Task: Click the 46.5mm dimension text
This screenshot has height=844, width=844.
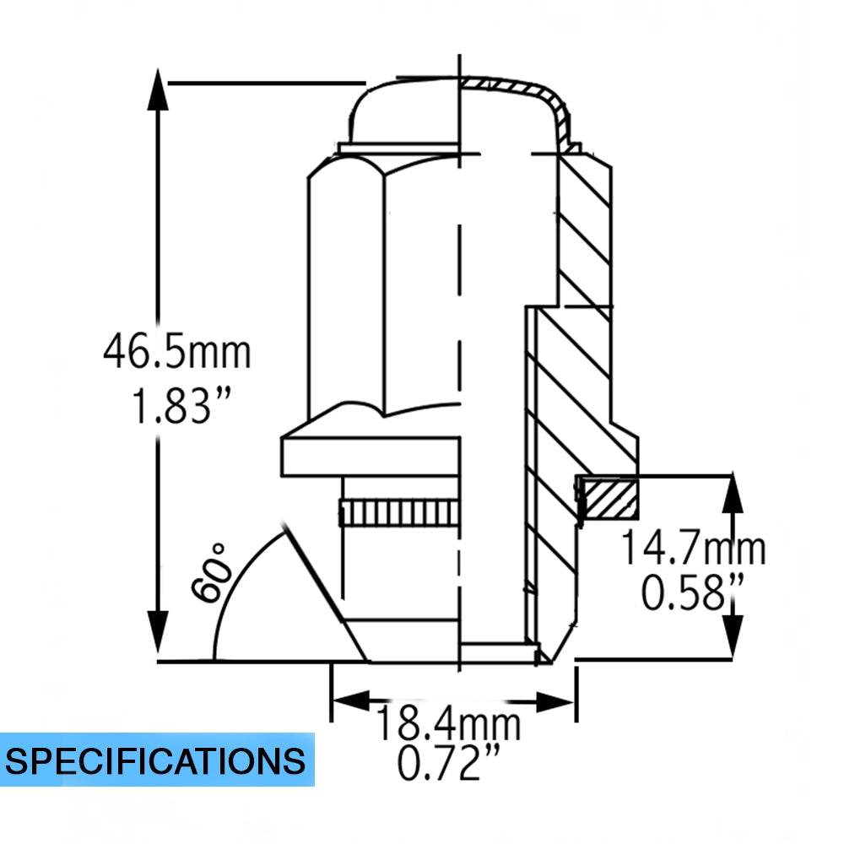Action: click(x=177, y=351)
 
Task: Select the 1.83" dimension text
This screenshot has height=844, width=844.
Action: click(x=181, y=405)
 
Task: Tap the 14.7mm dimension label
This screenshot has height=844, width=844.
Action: click(x=693, y=548)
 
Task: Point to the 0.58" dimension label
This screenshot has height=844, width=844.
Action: click(x=693, y=592)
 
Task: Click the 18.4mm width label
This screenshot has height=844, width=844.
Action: click(x=448, y=723)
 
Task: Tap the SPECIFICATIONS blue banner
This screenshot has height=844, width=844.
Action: click(x=157, y=760)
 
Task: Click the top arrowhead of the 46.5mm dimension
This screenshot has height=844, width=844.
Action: click(x=158, y=89)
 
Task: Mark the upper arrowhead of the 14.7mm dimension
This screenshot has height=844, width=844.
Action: click(x=732, y=493)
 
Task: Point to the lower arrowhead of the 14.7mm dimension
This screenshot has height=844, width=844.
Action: click(x=732, y=636)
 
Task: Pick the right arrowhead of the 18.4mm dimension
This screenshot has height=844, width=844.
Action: click(x=555, y=701)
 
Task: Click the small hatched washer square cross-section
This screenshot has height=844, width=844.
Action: click(x=611, y=499)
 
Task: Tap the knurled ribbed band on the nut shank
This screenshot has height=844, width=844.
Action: click(x=399, y=513)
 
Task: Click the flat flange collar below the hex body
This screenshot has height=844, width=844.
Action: click(x=371, y=457)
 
